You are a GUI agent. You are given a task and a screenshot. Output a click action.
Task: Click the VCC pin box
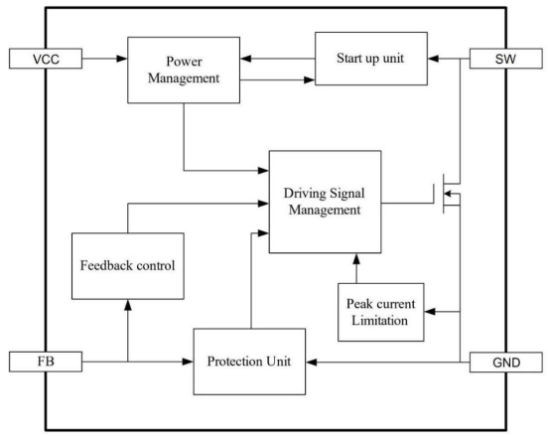pyautogui.click(x=46, y=59)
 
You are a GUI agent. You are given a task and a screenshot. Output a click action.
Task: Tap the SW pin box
pyautogui.click(x=505, y=59)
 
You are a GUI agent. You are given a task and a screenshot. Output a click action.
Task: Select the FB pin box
pyautogui.click(x=46, y=362)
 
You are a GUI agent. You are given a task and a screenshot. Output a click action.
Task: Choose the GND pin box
pyautogui.click(x=505, y=363)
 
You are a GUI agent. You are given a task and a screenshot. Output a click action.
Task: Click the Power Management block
pyautogui.click(x=184, y=70)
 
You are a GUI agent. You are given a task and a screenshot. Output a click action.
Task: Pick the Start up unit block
pyautogui.click(x=371, y=59)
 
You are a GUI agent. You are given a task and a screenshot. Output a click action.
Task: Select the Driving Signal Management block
pyautogui.click(x=325, y=202)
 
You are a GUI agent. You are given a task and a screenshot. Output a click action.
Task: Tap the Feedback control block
pyautogui.click(x=128, y=266)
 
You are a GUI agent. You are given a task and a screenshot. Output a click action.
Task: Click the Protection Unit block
pyautogui.click(x=249, y=362)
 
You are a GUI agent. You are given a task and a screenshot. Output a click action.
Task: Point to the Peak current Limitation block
pyautogui.click(x=381, y=312)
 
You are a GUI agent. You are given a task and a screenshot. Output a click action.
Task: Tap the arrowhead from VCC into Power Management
pyautogui.click(x=122, y=59)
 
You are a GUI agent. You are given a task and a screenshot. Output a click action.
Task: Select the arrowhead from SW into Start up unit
pyautogui.click(x=434, y=59)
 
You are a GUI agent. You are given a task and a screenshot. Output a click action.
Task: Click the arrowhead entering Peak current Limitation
pyautogui.click(x=430, y=311)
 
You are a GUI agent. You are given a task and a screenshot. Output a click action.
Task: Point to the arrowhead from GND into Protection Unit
pyautogui.click(x=312, y=363)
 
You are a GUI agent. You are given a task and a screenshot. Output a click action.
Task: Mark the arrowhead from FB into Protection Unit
pyautogui.click(x=188, y=362)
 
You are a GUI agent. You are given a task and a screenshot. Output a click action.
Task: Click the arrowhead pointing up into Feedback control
pyautogui.click(x=128, y=305)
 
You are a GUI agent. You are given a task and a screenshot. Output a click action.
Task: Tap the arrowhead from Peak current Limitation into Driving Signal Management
pyautogui.click(x=356, y=258)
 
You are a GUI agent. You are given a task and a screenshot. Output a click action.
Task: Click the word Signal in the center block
pyautogui.click(x=347, y=194)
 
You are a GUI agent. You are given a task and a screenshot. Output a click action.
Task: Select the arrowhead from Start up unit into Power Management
pyautogui.click(x=246, y=59)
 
